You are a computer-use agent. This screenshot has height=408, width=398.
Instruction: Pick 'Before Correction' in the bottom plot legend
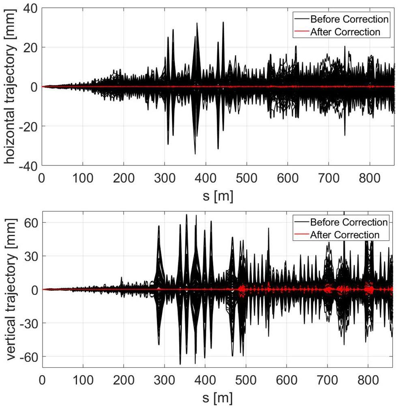click(x=349, y=222)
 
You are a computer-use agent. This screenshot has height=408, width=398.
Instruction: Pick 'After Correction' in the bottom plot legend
click(x=345, y=234)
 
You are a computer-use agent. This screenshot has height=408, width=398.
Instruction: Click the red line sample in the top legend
click(x=301, y=32)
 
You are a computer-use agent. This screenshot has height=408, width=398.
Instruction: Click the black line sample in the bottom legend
click(x=301, y=222)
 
